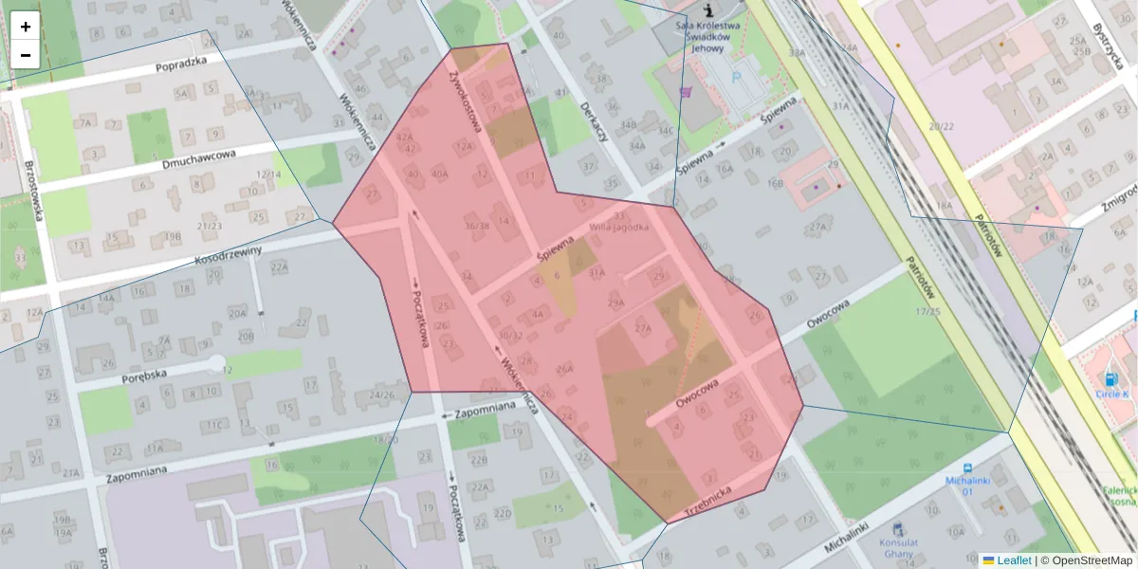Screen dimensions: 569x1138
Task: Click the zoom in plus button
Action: (26, 27)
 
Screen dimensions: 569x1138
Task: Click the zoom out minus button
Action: (26, 55)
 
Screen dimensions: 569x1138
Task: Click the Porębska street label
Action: (145, 375)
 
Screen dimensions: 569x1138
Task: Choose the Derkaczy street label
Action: (594, 121)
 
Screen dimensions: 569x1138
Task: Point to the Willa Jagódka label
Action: (619, 227)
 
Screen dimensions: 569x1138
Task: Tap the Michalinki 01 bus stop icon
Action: (966, 468)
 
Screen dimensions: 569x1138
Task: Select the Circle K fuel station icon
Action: (1110, 379)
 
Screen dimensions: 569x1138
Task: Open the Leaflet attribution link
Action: (1013, 560)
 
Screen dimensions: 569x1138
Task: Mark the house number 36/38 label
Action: (477, 226)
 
